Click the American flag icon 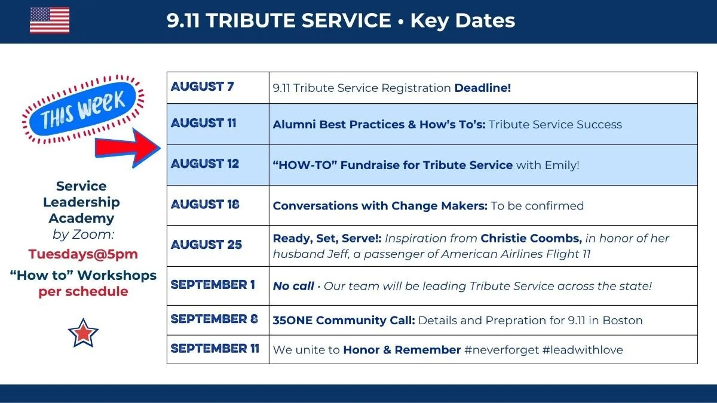(50, 20)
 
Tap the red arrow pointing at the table (128, 148)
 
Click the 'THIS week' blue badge (82, 109)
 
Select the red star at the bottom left (83, 333)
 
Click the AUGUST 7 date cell (218, 88)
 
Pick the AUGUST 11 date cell (218, 124)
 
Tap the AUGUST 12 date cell (218, 165)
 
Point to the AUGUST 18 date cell (218, 205)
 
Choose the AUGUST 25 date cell (218, 246)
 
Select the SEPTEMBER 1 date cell (218, 286)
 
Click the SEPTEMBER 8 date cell (218, 320)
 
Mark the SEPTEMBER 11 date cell (218, 349)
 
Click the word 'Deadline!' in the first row (483, 88)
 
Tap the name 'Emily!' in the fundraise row (562, 165)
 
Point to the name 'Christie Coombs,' (531, 238)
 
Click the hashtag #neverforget (501, 350)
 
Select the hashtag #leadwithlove (583, 350)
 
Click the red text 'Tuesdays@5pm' (83, 254)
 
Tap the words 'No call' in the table (293, 286)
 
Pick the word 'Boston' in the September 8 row (623, 320)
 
